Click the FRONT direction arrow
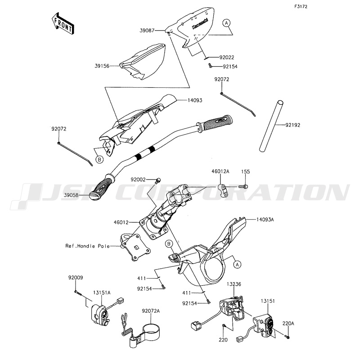click(62, 23)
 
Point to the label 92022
click(227, 58)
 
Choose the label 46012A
click(221, 171)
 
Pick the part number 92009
click(76, 278)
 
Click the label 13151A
click(102, 292)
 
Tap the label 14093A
click(266, 219)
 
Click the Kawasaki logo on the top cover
click(198, 26)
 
